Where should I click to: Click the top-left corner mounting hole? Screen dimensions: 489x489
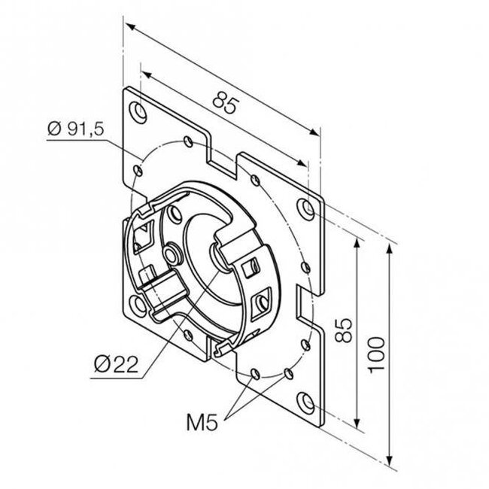pos(138,111)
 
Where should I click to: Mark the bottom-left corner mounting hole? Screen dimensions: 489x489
pos(138,304)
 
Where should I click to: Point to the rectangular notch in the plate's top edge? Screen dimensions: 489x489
pos(223,159)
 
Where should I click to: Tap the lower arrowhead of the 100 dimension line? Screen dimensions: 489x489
pos(390,460)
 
